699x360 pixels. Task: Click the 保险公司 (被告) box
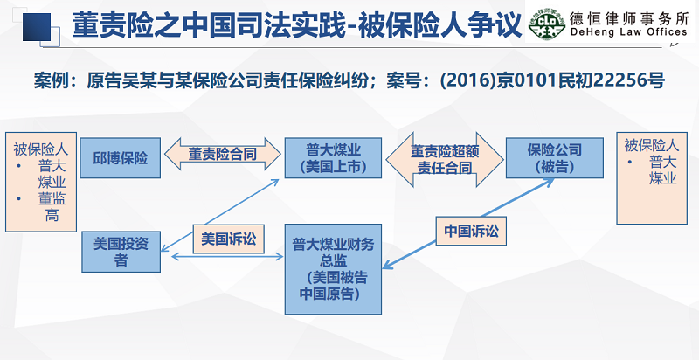pyautogui.click(x=553, y=157)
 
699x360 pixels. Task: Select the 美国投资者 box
pyautogui.click(x=121, y=252)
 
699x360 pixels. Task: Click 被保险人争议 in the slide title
pyautogui.click(x=439, y=23)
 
